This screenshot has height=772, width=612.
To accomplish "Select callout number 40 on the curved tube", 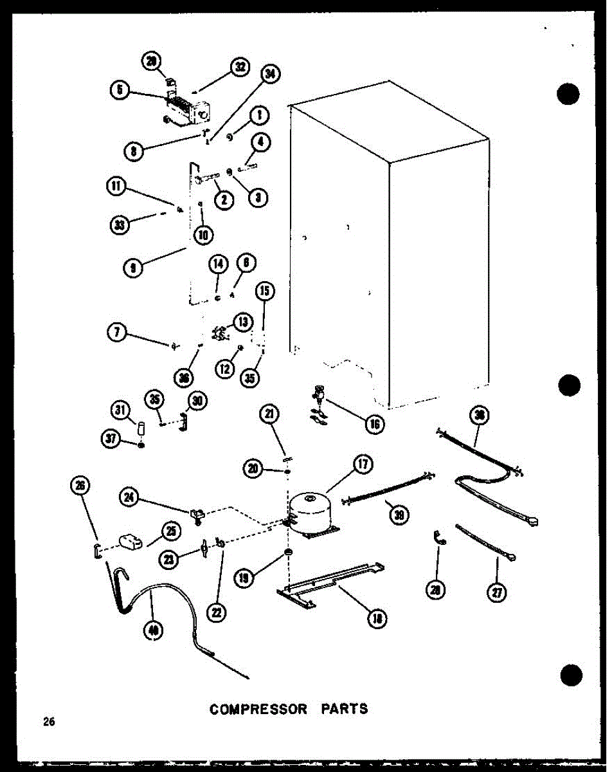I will coord(153,631).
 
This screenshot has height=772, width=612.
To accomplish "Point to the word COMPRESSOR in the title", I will coord(258,709).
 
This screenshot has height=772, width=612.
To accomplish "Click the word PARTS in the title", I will coord(346,709).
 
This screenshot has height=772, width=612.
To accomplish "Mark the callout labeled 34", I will coord(270,75).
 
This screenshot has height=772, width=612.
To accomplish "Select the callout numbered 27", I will coord(496,593).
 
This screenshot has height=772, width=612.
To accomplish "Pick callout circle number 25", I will coord(171,530).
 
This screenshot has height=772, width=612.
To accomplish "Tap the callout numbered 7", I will coord(116,332).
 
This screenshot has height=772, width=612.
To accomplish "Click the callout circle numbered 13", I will coord(242,322).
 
